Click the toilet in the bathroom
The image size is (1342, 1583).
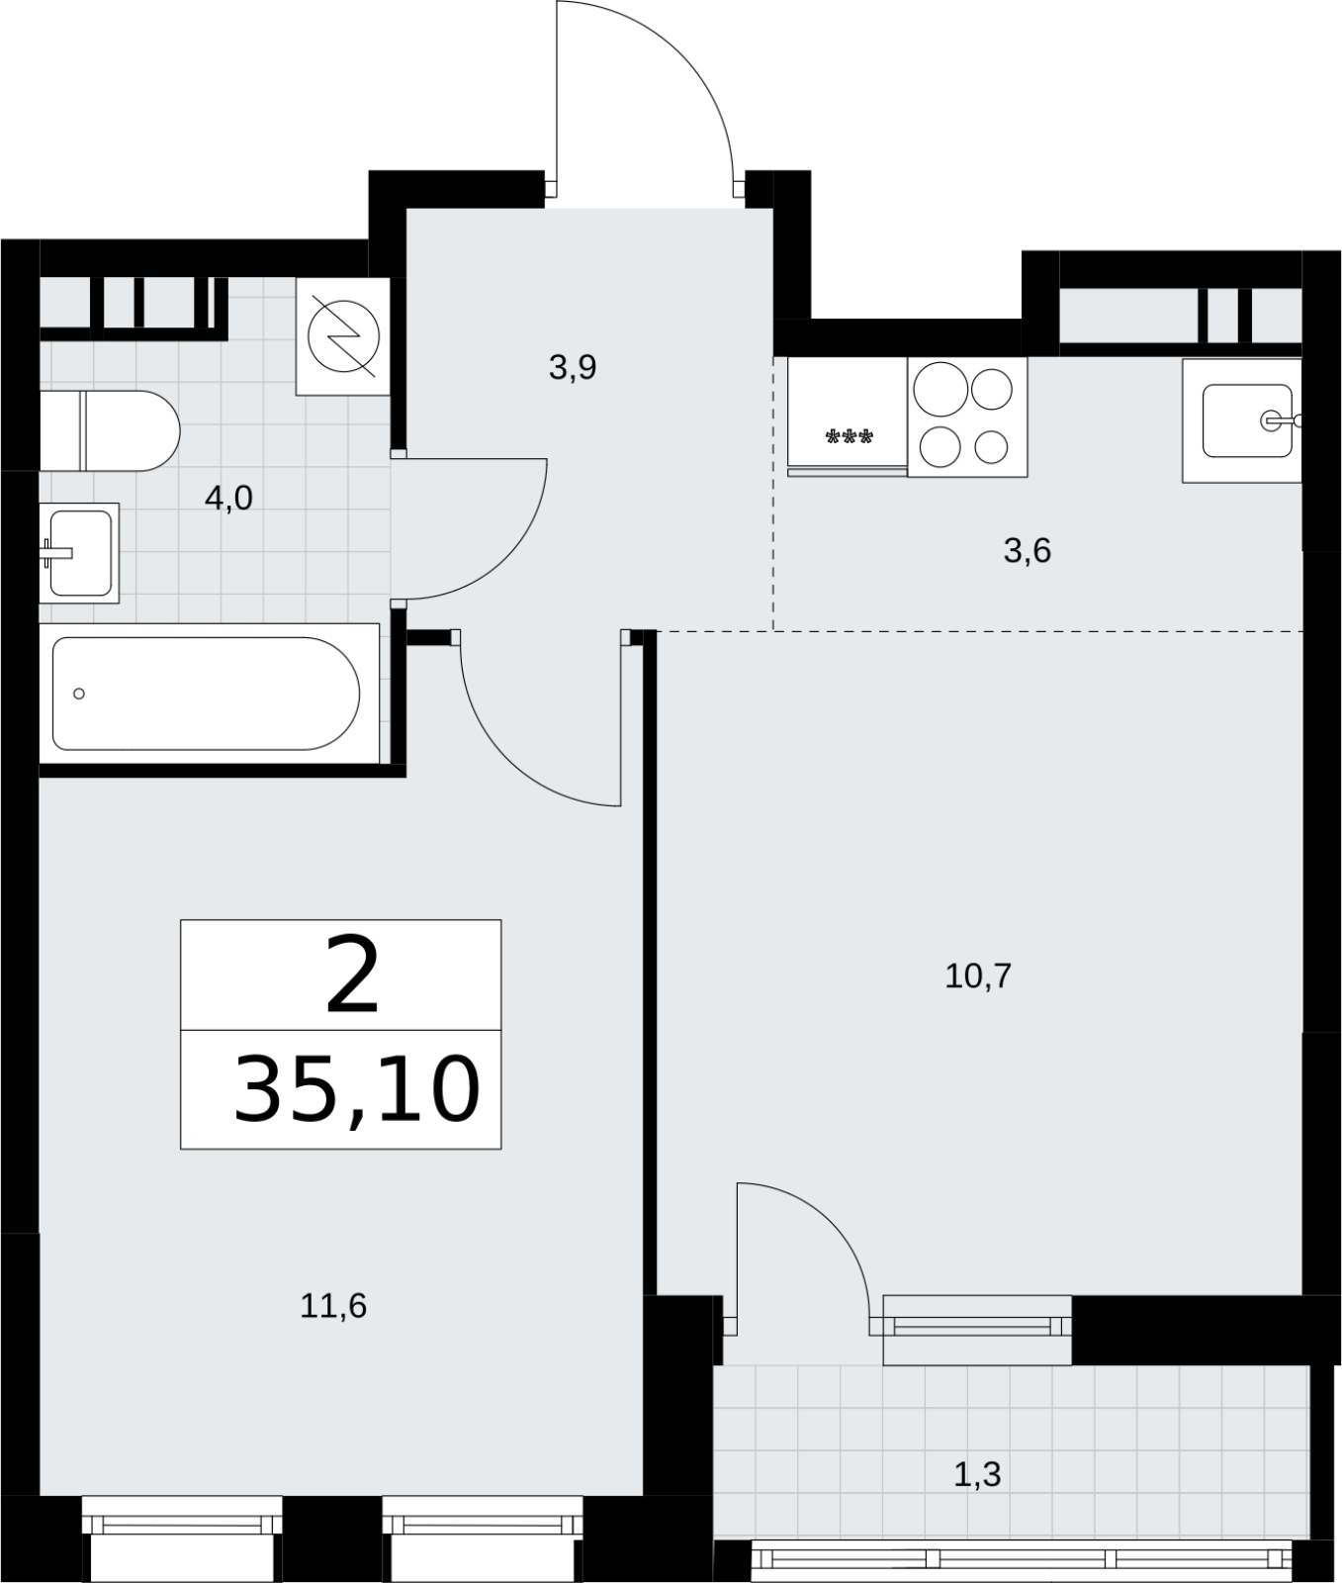109,430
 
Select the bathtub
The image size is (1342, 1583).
210,694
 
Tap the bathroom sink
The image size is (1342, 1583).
79,552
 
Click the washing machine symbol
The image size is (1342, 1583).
343,336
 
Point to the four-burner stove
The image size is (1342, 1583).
967,417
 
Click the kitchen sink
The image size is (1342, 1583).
1242,420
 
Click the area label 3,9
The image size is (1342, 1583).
573,368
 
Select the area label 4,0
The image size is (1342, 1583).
228,498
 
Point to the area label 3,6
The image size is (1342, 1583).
1027,550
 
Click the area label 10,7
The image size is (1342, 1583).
978,977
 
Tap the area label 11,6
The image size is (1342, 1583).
333,1306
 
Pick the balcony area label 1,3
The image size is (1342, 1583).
977,1475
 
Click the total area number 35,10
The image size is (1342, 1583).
356,1089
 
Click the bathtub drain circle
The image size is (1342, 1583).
79,694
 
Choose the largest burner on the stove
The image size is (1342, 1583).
939,388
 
